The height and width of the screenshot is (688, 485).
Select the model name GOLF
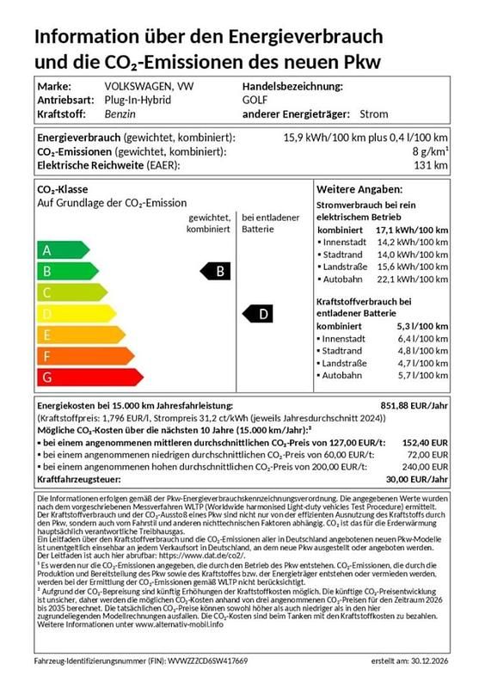tap(255, 100)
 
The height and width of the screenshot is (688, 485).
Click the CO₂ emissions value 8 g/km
tap(428, 151)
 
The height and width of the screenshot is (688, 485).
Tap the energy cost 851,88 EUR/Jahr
tap(414, 404)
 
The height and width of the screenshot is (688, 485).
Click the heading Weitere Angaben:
tap(359, 189)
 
